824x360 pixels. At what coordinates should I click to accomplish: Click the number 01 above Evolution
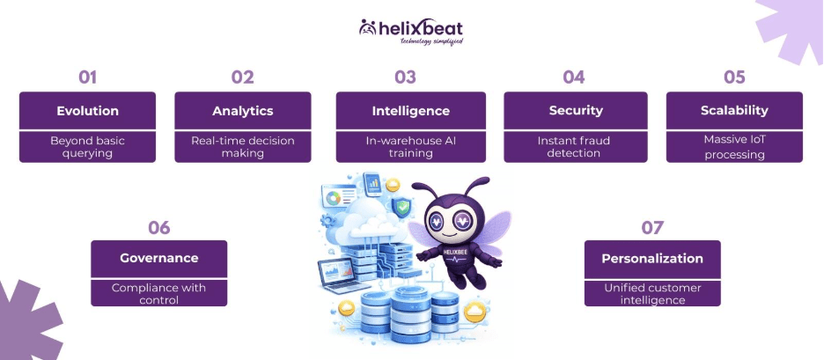point(87,77)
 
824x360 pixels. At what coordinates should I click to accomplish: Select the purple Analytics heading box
point(243,111)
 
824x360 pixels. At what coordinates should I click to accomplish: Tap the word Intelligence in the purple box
point(410,111)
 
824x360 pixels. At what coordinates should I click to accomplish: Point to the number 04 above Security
point(574,77)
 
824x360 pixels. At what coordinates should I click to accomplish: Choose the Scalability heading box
point(734,111)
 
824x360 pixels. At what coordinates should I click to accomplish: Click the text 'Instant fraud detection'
point(574,146)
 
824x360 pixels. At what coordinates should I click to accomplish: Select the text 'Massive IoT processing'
point(734,146)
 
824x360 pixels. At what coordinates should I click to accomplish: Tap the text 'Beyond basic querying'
point(87,146)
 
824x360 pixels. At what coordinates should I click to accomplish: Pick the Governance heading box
point(159,259)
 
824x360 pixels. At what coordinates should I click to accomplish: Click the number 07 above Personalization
point(652,228)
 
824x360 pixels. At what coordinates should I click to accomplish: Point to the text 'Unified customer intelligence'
point(652,294)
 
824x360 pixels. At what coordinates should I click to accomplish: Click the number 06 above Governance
point(159,228)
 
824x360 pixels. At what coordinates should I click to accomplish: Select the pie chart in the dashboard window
point(332,197)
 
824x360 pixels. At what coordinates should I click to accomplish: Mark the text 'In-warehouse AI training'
point(410,146)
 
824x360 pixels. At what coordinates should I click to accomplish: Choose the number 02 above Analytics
point(243,77)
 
